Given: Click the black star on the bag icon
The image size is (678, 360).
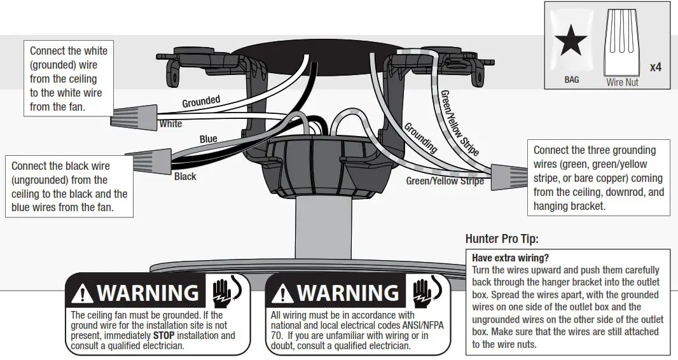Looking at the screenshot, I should (x=571, y=43).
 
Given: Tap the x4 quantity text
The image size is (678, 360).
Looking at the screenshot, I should (x=655, y=67).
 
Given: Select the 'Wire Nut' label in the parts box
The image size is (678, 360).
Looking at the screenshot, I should (x=622, y=82).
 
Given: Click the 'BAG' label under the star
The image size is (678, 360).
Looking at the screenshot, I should (x=571, y=80).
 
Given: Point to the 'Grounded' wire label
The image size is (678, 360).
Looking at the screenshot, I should (x=201, y=102).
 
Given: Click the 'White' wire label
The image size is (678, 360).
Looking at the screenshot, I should (x=170, y=124).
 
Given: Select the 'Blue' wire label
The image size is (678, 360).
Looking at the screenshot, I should (x=208, y=139).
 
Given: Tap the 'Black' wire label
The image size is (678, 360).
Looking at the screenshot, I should (x=185, y=176).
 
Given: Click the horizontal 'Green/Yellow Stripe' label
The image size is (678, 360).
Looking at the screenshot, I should (x=445, y=181).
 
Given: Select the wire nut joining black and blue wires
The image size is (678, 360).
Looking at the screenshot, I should (x=149, y=160).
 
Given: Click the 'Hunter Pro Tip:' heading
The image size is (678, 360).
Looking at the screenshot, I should (x=502, y=239).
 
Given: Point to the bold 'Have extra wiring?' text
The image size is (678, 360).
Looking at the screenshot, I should (x=510, y=258).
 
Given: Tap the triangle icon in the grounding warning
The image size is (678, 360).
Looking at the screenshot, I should (x=83, y=293).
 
